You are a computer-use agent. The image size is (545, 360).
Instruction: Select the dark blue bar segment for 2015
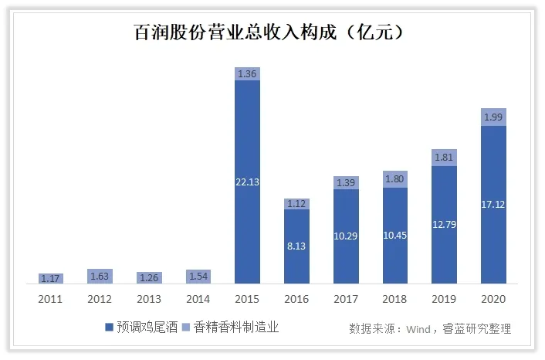[247, 182]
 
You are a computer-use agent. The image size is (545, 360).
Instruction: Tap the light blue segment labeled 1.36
[247, 73]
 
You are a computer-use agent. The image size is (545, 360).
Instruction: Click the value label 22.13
[247, 182]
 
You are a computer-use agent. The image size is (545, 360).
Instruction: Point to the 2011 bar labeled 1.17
[50, 277]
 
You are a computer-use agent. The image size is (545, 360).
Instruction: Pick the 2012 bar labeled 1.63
[100, 275]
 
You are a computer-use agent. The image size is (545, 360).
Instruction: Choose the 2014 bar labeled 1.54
[198, 276]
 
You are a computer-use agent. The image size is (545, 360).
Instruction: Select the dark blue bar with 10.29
[346, 236]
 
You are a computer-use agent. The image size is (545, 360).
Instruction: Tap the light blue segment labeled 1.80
[394, 179]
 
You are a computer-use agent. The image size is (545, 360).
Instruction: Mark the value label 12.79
[444, 225]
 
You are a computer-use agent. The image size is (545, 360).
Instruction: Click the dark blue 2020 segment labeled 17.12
[493, 205]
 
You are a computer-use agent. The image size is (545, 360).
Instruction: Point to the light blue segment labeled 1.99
[493, 117]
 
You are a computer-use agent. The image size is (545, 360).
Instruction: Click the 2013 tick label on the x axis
[149, 298]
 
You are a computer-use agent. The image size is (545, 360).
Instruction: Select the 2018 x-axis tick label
[394, 298]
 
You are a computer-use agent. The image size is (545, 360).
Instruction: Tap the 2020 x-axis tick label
[493, 298]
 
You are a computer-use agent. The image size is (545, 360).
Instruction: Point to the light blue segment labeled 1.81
[444, 158]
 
